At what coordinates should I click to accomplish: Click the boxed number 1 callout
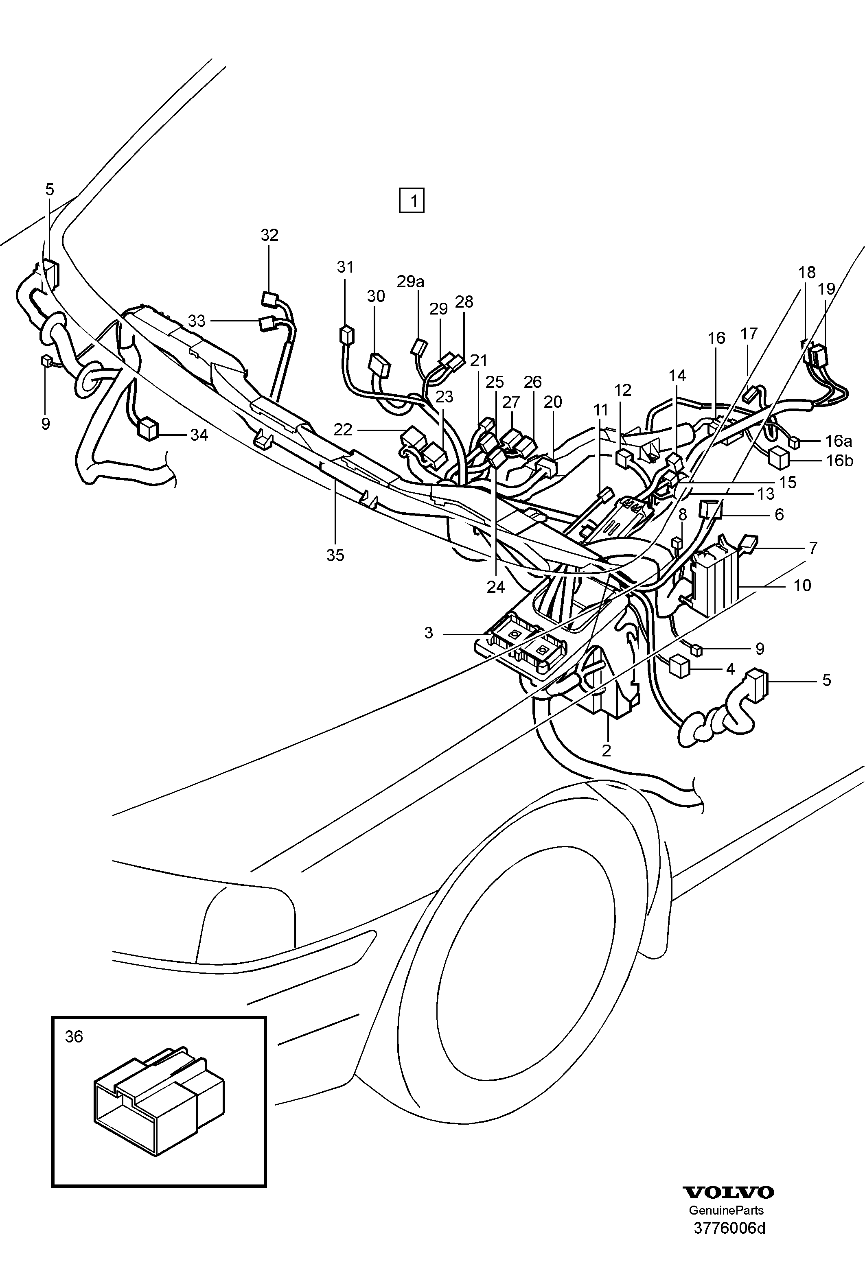[x=412, y=201]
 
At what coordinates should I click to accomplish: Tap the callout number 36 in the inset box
[x=74, y=1036]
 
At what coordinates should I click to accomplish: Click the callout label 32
[x=269, y=235]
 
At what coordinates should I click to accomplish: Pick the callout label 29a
[x=410, y=281]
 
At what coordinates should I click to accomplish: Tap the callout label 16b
[x=840, y=461]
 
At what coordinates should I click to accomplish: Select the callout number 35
[x=335, y=555]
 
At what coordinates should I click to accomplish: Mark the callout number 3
[x=429, y=633]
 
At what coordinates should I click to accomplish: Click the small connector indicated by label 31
[x=345, y=335]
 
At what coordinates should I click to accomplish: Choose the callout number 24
[x=496, y=587]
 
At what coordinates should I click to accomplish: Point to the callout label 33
[x=197, y=321]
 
